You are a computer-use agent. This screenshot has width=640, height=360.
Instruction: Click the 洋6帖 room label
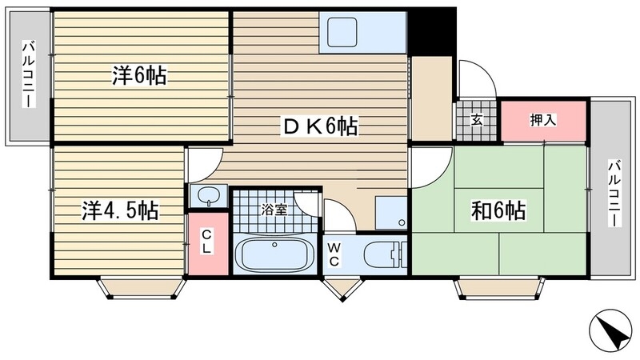click(x=139, y=76)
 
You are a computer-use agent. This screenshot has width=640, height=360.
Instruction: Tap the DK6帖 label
click(x=318, y=126)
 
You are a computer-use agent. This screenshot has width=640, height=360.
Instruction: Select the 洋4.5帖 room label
click(x=119, y=211)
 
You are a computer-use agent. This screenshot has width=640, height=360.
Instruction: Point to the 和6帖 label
click(x=498, y=210)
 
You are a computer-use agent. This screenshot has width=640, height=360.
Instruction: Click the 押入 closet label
click(x=543, y=120)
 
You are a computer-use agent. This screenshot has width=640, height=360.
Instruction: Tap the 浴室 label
click(x=274, y=211)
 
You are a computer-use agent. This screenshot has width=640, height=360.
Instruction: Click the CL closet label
click(x=206, y=242)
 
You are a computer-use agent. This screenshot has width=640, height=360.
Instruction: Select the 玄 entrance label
click(x=477, y=121)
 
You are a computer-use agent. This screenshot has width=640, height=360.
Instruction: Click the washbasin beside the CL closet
click(x=208, y=195)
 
